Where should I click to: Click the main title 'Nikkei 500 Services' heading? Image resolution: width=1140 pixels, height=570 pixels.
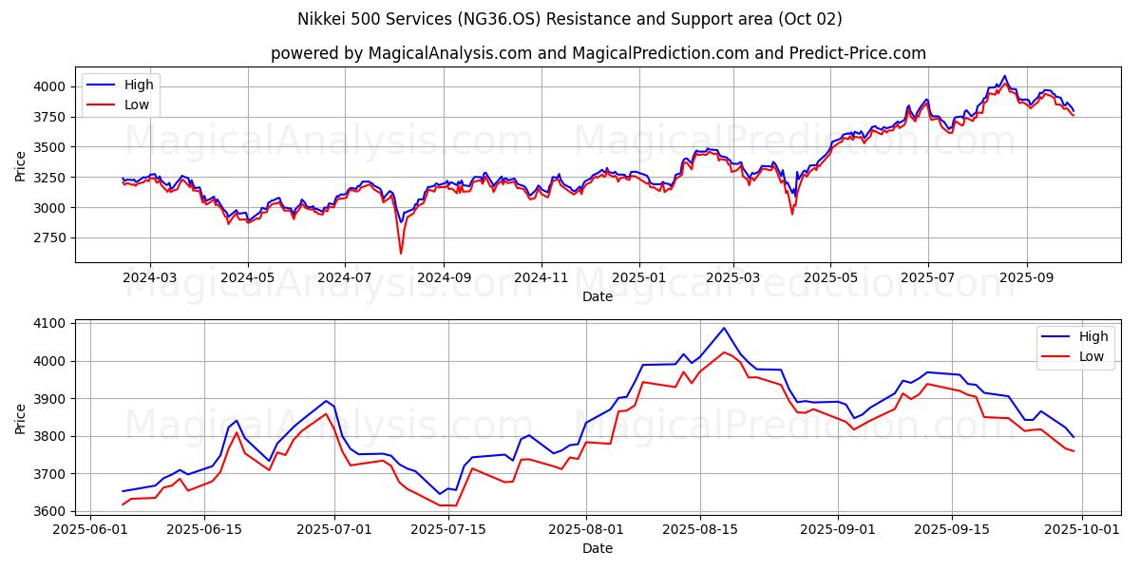[x=570, y=19]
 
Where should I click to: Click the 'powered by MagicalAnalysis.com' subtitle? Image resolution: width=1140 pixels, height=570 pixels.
[x=598, y=53]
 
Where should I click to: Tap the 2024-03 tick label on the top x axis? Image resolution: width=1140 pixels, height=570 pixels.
[x=150, y=277]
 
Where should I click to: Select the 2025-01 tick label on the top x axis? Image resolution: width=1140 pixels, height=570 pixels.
[x=638, y=277]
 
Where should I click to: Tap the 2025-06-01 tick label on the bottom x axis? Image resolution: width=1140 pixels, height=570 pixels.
[x=90, y=530]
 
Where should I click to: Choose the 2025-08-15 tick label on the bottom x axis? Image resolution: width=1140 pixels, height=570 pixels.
[x=700, y=530]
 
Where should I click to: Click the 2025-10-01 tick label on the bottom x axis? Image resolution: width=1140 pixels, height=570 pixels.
[x=1083, y=530]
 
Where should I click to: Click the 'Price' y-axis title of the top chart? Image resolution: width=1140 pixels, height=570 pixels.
[x=21, y=164]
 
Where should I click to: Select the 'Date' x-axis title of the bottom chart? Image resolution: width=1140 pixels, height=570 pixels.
[x=598, y=549]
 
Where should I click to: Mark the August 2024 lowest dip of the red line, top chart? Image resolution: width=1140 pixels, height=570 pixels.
[x=400, y=254]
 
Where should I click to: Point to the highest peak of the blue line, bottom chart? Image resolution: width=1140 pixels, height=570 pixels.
[x=724, y=328]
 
